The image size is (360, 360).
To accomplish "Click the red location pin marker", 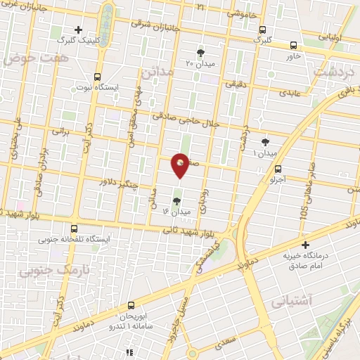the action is click(181, 165).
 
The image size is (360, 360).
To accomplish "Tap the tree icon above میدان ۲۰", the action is click(200, 52).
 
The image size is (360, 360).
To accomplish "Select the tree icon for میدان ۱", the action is click(265, 142).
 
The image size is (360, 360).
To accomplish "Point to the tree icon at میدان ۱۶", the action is click(176, 200).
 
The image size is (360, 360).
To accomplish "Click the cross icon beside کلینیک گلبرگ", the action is click(79, 30).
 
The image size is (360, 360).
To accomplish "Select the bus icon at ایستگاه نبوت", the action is click(97, 76).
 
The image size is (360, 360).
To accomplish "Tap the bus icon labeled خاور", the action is click(292, 44).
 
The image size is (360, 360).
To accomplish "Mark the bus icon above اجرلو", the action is click(278, 168).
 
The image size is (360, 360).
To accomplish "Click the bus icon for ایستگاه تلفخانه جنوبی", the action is click(75, 228).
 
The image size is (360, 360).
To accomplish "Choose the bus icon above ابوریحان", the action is click(130, 306).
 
